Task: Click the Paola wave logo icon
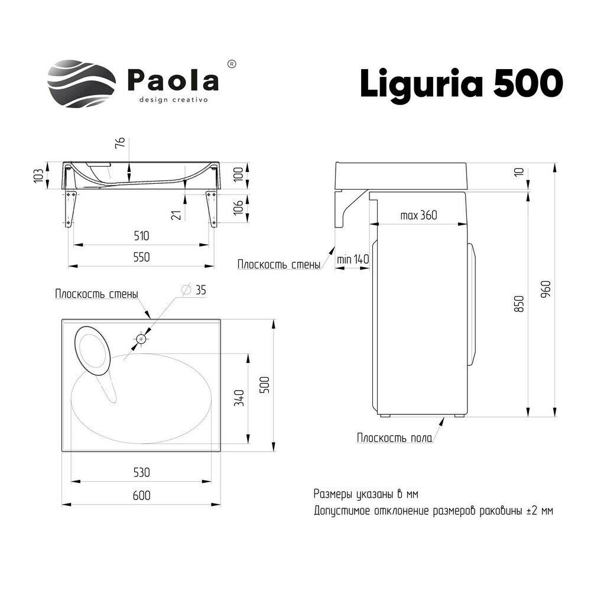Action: [x=82, y=83]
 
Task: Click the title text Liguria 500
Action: [x=461, y=83]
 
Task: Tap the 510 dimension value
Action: [x=141, y=235]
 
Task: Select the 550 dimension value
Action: [x=141, y=257]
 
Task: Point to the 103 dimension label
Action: [x=38, y=175]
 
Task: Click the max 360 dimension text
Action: [x=418, y=215]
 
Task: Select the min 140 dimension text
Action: [x=353, y=259]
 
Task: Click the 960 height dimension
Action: [x=546, y=290]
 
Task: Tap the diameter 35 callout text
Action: [x=195, y=290]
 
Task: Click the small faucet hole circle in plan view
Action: [x=141, y=339]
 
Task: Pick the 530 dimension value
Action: [x=141, y=472]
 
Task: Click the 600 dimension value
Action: [x=141, y=495]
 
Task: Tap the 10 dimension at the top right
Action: [x=519, y=171]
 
